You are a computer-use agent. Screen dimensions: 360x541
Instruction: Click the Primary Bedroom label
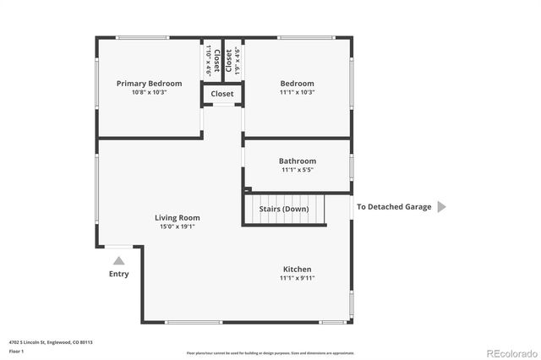click(149, 84)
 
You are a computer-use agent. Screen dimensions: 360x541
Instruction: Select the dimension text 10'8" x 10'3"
click(149, 92)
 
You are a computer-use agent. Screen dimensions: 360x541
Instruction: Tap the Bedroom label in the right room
click(297, 84)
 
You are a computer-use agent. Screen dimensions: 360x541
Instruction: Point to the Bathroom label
click(297, 161)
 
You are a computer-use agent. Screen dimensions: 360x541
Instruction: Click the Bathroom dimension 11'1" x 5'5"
click(297, 170)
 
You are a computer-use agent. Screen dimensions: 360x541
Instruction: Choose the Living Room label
click(177, 217)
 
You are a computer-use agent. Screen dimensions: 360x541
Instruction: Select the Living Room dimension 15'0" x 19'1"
click(177, 226)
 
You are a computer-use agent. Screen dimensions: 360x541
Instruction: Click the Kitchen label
click(297, 269)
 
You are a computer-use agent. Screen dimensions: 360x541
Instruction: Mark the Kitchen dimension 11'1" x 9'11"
click(297, 277)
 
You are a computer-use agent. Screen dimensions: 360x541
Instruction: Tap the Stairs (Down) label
click(284, 209)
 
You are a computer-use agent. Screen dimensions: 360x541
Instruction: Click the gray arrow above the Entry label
click(119, 261)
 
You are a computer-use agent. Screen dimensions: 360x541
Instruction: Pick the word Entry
click(119, 274)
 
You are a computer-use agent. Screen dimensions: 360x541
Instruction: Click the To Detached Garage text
click(393, 207)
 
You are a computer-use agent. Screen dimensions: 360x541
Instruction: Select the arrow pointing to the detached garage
click(440, 207)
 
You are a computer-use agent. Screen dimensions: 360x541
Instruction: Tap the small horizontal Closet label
click(222, 94)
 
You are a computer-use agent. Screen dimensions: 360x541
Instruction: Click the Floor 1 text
click(15, 351)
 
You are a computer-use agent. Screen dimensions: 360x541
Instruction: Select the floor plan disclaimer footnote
click(270, 352)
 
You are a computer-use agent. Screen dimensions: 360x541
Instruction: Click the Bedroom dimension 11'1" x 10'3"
click(297, 92)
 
